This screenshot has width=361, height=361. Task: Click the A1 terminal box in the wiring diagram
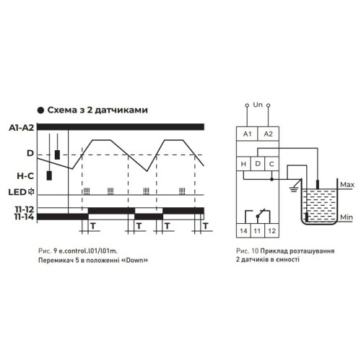coord(247,134)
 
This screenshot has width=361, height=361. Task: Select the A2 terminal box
coord(269,134)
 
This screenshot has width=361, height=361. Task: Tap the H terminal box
coord(243,164)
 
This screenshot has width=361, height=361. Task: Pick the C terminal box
coord(271,164)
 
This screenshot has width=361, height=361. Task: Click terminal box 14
coord(243,231)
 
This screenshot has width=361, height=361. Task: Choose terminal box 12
coord(271,231)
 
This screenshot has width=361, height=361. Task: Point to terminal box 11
coord(258,231)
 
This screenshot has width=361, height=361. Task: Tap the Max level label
coord(347,185)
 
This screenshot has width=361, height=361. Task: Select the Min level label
coord(347,217)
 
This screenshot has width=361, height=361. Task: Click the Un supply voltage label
coord(258,105)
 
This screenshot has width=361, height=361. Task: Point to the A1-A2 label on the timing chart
coord(22,128)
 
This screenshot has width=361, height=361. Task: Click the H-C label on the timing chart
coord(25,176)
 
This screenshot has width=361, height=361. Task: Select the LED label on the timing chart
coord(17,192)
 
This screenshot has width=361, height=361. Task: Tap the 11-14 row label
coord(24,217)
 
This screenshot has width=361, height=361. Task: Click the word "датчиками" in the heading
coord(121,110)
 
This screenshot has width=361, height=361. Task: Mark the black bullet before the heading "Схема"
coord(40,110)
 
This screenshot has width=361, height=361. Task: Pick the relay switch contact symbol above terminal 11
coord(258,216)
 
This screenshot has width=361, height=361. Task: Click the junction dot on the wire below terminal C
coord(271,179)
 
